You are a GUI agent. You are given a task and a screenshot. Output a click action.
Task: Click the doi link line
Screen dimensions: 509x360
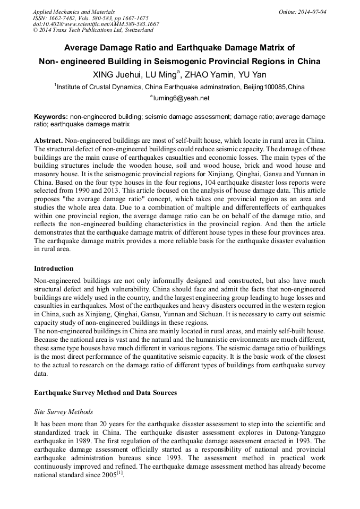click(96, 24)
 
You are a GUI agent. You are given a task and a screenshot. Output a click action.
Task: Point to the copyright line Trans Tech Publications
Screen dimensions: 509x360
click(93, 31)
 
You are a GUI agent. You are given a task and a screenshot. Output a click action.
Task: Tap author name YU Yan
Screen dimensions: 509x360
click(252, 74)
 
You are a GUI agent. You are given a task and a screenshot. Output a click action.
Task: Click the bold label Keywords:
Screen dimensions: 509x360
click(51, 116)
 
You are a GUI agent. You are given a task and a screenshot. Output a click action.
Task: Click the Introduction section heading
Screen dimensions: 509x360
click(54, 269)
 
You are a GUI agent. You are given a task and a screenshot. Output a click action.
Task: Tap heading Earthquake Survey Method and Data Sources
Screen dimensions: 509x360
click(105, 393)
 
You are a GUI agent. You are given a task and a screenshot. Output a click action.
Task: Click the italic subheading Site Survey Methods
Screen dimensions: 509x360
click(63, 411)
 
